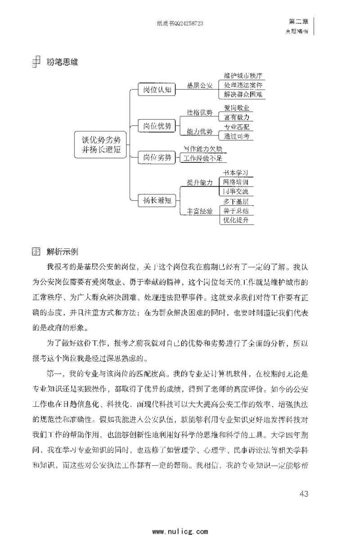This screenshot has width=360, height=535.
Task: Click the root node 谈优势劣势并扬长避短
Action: coord(101,144)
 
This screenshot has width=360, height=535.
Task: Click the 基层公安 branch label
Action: coord(200,85)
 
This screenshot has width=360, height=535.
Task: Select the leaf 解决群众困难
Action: coord(243,94)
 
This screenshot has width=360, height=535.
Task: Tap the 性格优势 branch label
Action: coord(200,112)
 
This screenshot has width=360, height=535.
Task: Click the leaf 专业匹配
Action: coord(236,127)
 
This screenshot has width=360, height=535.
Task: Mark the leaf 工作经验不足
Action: coord(203,158)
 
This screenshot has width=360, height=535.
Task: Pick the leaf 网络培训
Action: coord(236,182)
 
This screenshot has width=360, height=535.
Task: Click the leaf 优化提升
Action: coord(236,220)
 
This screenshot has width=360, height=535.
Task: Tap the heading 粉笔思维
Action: coord(62,63)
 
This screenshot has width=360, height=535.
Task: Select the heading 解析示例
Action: coord(62,251)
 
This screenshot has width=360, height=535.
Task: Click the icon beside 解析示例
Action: coord(36,251)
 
